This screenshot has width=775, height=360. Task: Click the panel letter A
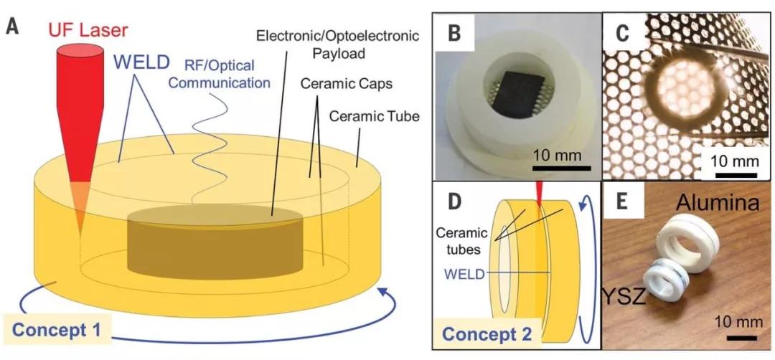[x=12, y=28]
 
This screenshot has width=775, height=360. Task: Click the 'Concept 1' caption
[x=62, y=331]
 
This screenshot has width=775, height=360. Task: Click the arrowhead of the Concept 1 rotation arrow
[x=387, y=293]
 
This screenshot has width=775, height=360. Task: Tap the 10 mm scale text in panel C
[x=733, y=161]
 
